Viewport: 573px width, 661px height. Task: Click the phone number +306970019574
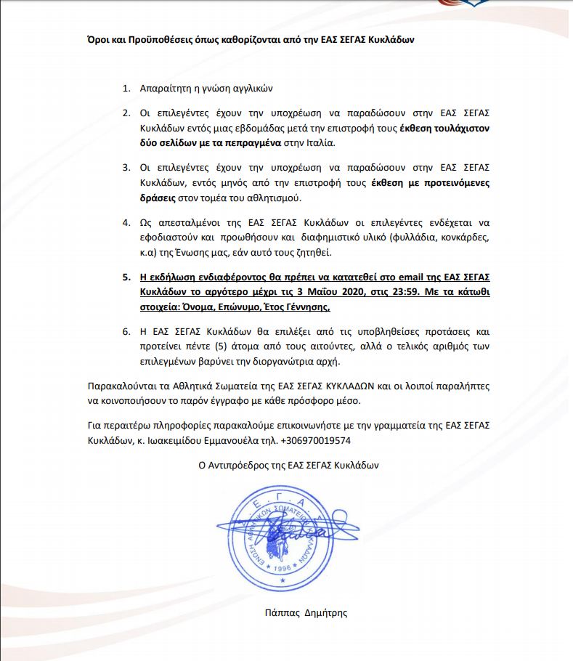pos(316,441)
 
